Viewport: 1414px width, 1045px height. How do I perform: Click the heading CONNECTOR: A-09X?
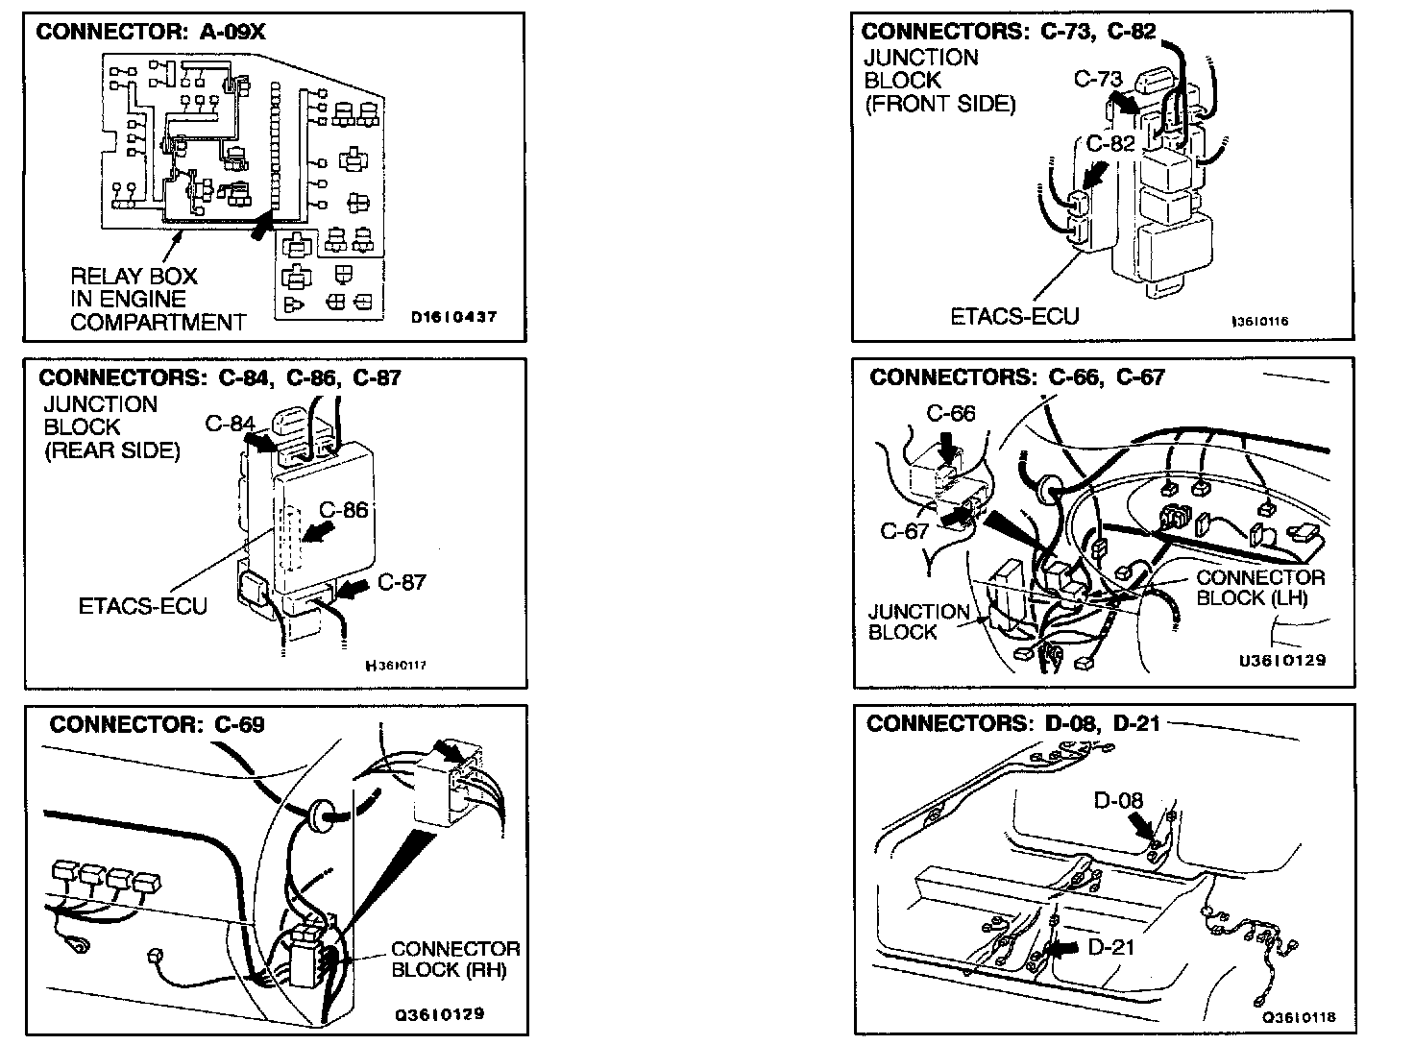point(150,32)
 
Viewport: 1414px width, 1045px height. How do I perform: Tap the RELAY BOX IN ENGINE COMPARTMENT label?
point(158,300)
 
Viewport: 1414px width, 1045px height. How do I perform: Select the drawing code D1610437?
point(453,317)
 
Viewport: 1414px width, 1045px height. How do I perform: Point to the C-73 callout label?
point(1097,80)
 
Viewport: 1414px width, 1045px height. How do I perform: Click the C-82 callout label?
point(1110,144)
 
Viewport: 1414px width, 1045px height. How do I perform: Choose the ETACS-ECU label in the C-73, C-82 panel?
point(1014,316)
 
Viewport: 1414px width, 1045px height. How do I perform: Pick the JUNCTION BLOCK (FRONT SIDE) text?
point(939,81)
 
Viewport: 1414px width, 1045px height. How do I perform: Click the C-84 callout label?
point(230,424)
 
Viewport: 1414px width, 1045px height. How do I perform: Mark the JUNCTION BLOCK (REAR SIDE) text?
point(111,427)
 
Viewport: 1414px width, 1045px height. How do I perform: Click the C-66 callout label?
point(950,414)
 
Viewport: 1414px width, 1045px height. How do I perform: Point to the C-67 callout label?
point(904,531)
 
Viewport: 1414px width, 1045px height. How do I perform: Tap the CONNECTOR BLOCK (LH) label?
point(1259,588)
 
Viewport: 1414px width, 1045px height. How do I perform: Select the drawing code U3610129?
point(1282,661)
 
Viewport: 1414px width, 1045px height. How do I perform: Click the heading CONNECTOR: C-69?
point(157,724)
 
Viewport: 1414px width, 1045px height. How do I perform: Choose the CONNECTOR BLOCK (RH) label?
point(454,960)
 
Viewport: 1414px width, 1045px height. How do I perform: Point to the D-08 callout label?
point(1118,799)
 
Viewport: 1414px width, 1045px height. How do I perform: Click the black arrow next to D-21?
point(1060,948)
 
